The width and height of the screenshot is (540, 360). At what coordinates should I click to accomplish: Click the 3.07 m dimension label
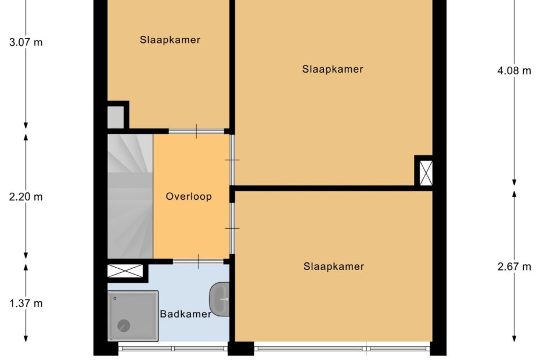point(26,42)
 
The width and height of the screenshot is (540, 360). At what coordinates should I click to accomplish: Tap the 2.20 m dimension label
point(26,197)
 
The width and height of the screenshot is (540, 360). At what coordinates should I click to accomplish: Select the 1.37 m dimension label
point(26,303)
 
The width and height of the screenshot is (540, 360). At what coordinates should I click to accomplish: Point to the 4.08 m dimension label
point(514,71)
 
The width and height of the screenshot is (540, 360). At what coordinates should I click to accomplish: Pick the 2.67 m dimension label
point(514,267)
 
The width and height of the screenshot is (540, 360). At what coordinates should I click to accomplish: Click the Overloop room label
point(189,196)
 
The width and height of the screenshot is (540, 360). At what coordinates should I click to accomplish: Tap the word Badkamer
point(186,314)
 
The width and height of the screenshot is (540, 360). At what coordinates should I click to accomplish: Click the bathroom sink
point(219,299)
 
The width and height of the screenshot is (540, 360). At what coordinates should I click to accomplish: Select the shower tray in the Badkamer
point(133,316)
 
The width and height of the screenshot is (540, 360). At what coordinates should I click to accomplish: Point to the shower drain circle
point(124,326)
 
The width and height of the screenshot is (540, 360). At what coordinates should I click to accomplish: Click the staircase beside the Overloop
point(130,196)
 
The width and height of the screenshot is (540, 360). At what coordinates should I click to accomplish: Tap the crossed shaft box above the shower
point(125,271)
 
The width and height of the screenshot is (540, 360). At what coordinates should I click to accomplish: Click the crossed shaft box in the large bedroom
point(426,172)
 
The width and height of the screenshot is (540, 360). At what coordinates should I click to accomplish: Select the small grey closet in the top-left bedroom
point(116,117)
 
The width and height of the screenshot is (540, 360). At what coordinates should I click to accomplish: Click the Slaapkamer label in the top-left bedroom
point(170,40)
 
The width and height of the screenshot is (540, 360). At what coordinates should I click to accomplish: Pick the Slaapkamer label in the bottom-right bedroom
point(334,267)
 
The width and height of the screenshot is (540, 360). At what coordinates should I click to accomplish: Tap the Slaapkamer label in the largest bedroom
point(333,69)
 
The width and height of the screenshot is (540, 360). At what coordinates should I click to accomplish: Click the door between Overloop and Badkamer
point(198,261)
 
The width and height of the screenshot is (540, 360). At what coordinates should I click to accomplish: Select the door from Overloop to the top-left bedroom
point(196,131)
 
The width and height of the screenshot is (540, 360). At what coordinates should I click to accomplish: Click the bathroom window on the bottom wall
point(173,348)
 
